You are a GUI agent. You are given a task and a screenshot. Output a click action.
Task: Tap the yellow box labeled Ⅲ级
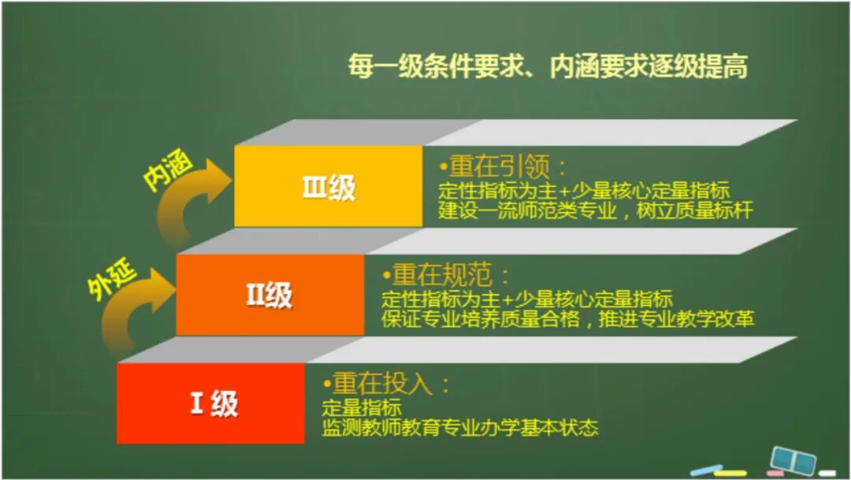(329, 187)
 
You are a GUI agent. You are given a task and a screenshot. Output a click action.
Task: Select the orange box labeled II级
(269, 295)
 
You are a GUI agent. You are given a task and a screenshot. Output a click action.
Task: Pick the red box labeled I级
(210, 404)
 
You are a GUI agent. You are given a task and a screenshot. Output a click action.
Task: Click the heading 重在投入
(389, 384)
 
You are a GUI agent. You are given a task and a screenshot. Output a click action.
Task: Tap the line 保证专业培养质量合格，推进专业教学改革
(568, 319)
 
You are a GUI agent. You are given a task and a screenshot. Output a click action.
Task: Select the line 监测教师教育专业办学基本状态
(461, 428)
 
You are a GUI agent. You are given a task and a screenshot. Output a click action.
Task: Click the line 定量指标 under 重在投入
(362, 409)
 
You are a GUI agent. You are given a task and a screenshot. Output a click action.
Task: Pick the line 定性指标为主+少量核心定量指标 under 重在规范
(526, 300)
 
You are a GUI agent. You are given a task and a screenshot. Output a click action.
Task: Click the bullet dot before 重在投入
(327, 385)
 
